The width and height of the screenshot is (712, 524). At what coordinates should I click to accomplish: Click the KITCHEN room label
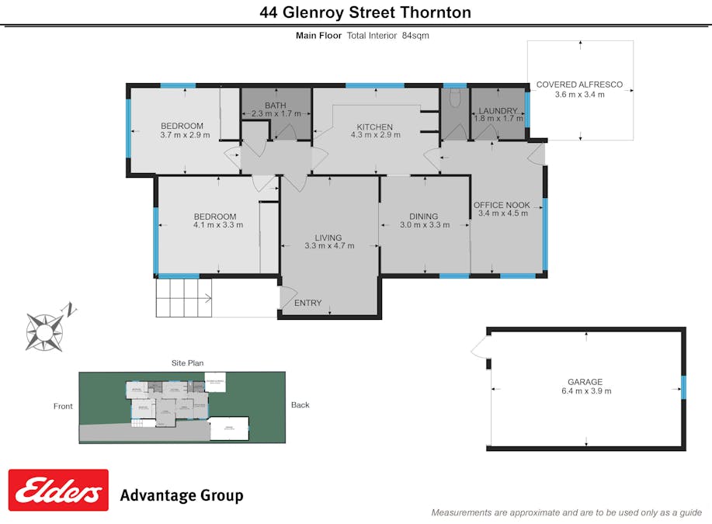pyautogui.click(x=374, y=127)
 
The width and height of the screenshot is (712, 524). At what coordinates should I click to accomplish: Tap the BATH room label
pyautogui.click(x=276, y=106)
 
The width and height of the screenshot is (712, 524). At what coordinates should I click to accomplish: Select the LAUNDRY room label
pyautogui.click(x=498, y=111)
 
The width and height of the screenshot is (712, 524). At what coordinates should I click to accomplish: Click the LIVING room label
pyautogui.click(x=328, y=238)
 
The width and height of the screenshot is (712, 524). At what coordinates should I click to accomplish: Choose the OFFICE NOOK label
pyautogui.click(x=502, y=205)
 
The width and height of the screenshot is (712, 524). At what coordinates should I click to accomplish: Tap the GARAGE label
pyautogui.click(x=585, y=382)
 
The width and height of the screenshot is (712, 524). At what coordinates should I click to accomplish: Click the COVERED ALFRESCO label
pyautogui.click(x=579, y=85)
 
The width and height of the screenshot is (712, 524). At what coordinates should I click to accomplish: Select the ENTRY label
pyautogui.click(x=307, y=303)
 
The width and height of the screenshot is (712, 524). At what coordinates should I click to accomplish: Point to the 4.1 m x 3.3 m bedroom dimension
pyautogui.click(x=218, y=225)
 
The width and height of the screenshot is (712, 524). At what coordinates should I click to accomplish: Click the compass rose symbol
pyautogui.click(x=44, y=331)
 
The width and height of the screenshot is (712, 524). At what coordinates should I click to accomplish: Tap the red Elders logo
pyautogui.click(x=58, y=490)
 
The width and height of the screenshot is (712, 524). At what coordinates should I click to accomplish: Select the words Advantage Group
pyautogui.click(x=181, y=495)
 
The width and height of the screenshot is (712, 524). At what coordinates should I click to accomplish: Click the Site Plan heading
pyautogui.click(x=187, y=363)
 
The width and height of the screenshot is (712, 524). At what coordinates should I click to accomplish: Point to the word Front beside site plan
pyautogui.click(x=63, y=406)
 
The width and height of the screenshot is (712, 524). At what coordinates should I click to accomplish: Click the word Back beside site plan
pyautogui.click(x=300, y=404)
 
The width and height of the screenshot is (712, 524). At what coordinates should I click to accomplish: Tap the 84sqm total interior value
pyautogui.click(x=415, y=35)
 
